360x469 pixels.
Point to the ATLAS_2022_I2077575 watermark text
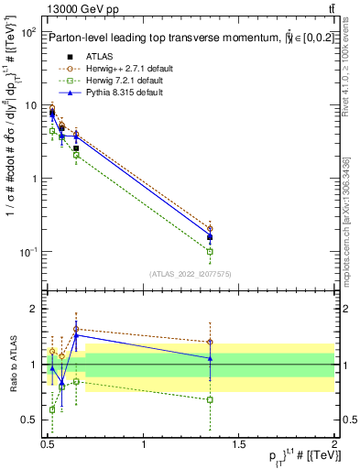tap(191, 274)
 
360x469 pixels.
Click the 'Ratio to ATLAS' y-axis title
tap(12, 364)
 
